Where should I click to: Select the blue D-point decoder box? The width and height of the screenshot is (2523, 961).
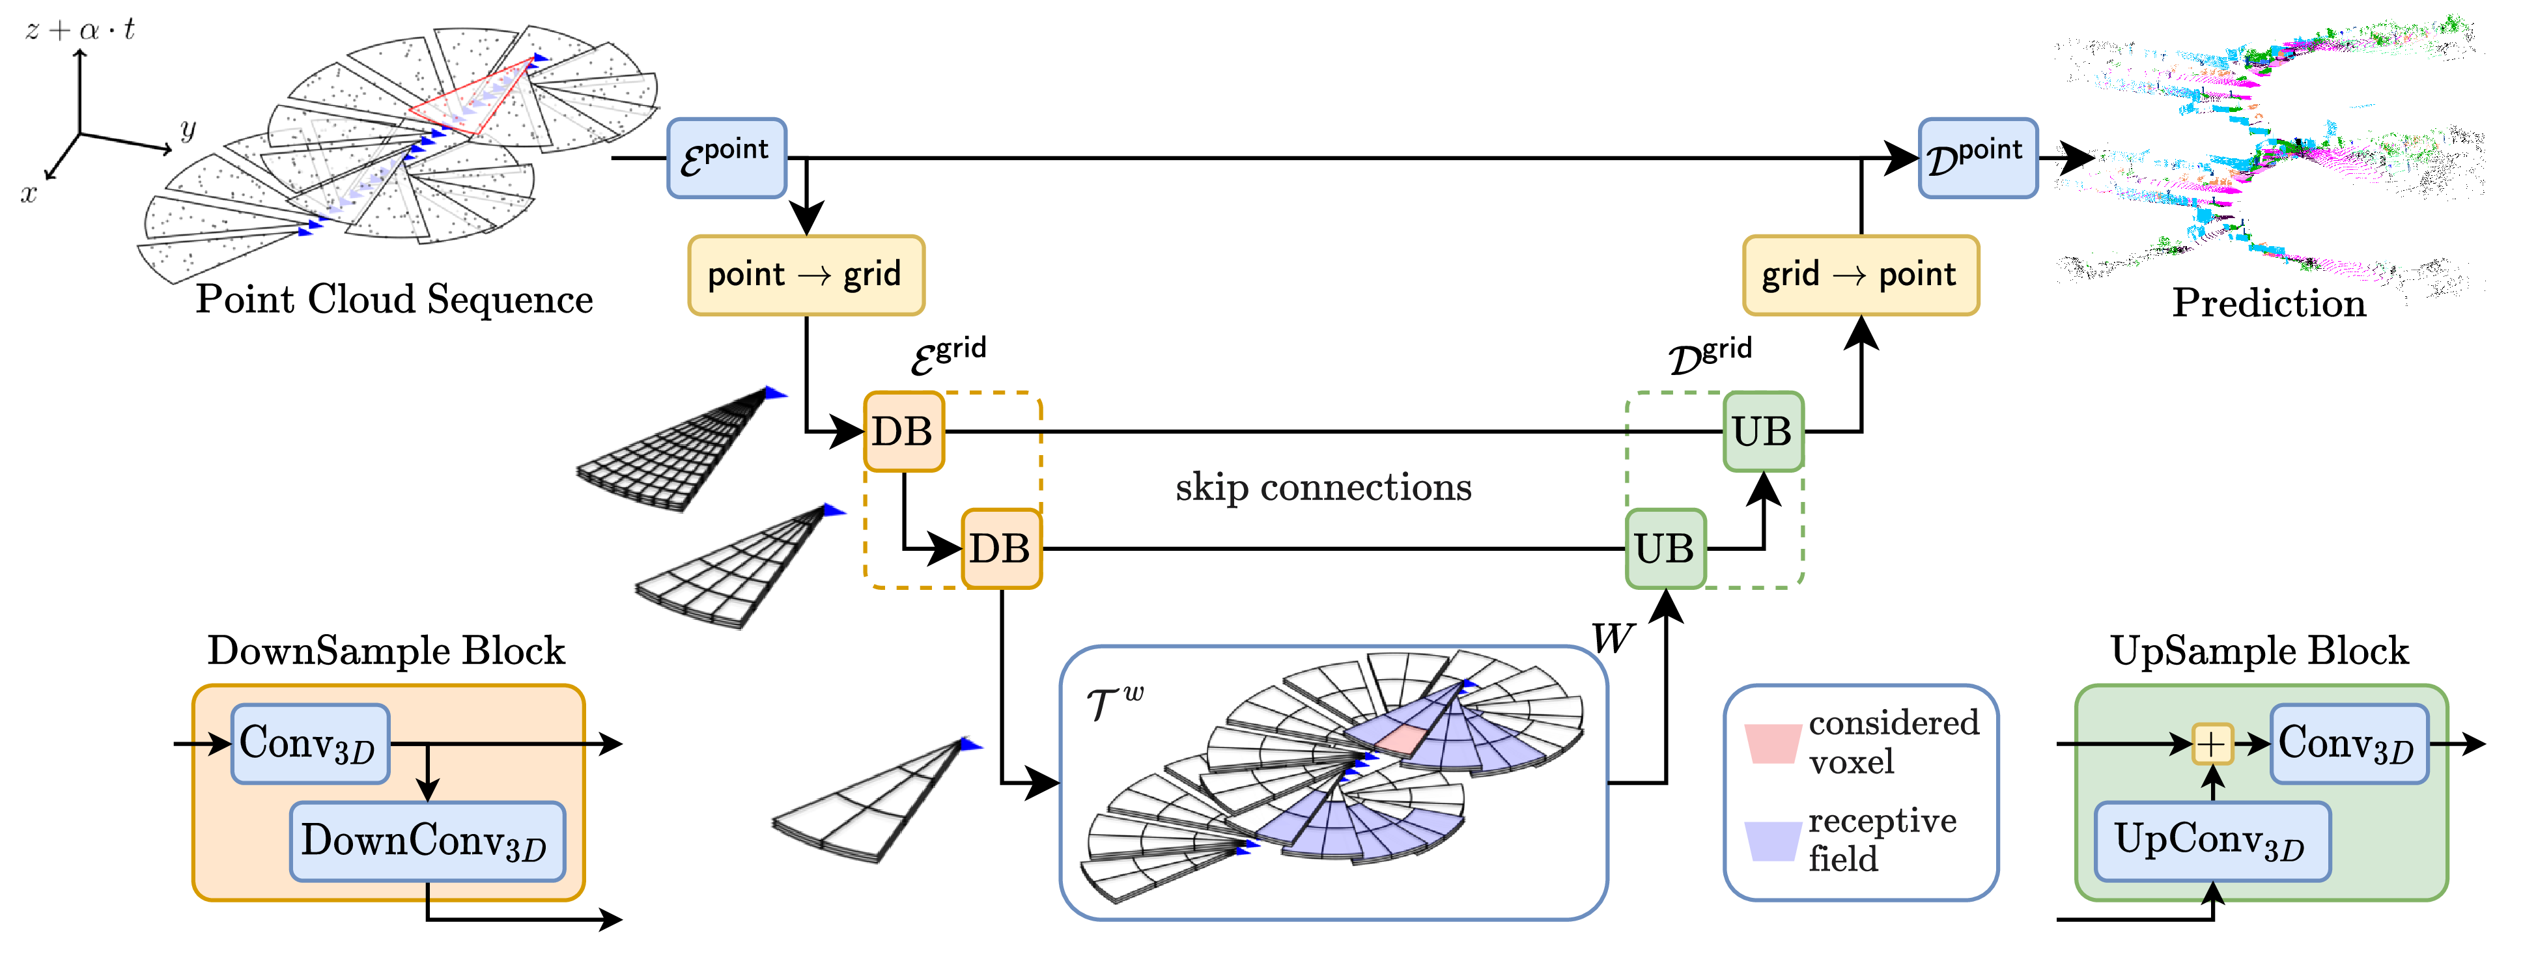click(1977, 158)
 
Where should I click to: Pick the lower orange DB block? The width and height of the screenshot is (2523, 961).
click(1001, 549)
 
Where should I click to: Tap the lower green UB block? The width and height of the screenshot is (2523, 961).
click(1665, 549)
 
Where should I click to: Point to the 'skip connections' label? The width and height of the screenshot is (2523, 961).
click(1323, 487)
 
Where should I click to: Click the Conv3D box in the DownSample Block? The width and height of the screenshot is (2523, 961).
click(309, 744)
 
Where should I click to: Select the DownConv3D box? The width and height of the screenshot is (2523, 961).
click(427, 841)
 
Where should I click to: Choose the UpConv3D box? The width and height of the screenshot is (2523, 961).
click(2212, 841)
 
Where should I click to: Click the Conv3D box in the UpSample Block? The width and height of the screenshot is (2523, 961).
click(2348, 744)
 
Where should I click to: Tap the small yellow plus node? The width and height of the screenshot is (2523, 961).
click(2212, 744)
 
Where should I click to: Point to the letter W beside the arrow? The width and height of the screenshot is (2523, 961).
click(1611, 639)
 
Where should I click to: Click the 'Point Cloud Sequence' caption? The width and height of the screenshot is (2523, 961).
click(394, 299)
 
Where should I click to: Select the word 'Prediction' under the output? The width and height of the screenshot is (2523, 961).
click(2268, 303)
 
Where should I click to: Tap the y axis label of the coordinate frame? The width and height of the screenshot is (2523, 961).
click(188, 128)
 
